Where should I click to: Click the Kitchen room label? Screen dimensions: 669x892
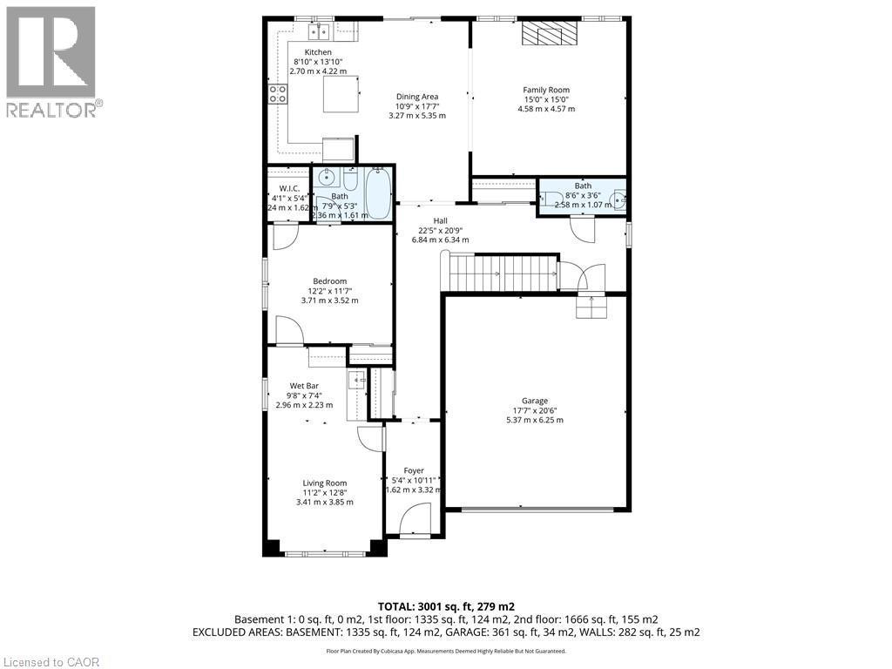[x=318, y=52]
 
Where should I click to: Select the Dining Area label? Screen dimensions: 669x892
[x=417, y=97]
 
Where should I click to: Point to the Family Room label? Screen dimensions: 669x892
[x=546, y=90]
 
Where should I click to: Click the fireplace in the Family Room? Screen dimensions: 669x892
[x=550, y=33]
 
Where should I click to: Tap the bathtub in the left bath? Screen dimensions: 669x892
[x=377, y=193]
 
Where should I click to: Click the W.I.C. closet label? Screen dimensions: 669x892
[x=289, y=188]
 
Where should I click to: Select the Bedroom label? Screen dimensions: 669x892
[x=329, y=280]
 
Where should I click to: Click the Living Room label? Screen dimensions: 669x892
[x=325, y=483]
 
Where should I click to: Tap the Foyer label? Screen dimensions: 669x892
[x=414, y=470]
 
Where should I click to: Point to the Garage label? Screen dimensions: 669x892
[x=535, y=401]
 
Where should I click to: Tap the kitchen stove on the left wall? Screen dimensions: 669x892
[x=279, y=93]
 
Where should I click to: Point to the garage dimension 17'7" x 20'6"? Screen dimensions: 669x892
[x=535, y=410]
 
